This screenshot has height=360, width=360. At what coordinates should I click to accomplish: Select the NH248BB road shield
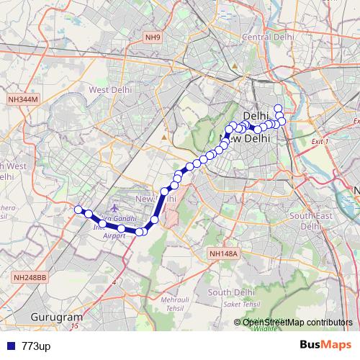pos(30,276)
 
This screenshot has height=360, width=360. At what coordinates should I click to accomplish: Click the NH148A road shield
pos(222,253)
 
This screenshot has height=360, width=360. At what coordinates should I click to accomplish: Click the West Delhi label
pos(109,89)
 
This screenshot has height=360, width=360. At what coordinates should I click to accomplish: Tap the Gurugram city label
pos(57,317)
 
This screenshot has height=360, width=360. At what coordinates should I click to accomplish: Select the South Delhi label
pos(232,292)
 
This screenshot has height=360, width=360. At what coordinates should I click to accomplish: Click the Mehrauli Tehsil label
pos(176,302)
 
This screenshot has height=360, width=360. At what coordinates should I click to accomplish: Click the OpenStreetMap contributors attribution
pos(297,323)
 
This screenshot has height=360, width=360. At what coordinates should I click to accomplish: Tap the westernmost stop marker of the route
pos(78,210)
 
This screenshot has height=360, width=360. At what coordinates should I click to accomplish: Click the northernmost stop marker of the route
pos(278,108)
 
